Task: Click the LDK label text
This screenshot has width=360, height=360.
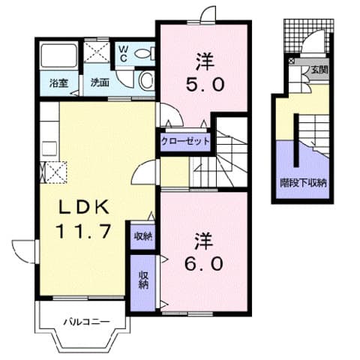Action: point(83,207)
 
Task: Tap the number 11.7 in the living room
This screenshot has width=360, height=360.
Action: point(83,231)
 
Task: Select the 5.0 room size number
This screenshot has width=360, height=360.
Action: point(204,84)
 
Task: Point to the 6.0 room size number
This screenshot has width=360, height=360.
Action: point(203,263)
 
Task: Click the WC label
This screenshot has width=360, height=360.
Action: point(123,54)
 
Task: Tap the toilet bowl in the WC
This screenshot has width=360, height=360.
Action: point(143,53)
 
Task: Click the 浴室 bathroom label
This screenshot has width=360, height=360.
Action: point(58,83)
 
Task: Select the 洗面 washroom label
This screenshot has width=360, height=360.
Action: point(100,82)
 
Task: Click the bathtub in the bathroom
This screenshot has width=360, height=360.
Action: point(58,55)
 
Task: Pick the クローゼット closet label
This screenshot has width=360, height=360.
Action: point(185,142)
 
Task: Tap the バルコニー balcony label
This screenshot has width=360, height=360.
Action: point(86,321)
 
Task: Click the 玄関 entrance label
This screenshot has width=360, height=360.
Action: point(319,70)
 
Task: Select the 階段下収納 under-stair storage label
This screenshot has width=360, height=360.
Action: point(303,183)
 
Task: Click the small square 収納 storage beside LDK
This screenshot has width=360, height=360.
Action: point(142,235)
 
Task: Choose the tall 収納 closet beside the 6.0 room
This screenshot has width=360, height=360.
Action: point(143,283)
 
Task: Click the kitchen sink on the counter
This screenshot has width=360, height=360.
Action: point(49,149)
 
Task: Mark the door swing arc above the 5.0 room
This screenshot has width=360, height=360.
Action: point(208,13)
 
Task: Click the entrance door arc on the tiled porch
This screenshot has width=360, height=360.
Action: point(313,41)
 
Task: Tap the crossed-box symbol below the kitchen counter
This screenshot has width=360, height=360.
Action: point(53,172)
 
